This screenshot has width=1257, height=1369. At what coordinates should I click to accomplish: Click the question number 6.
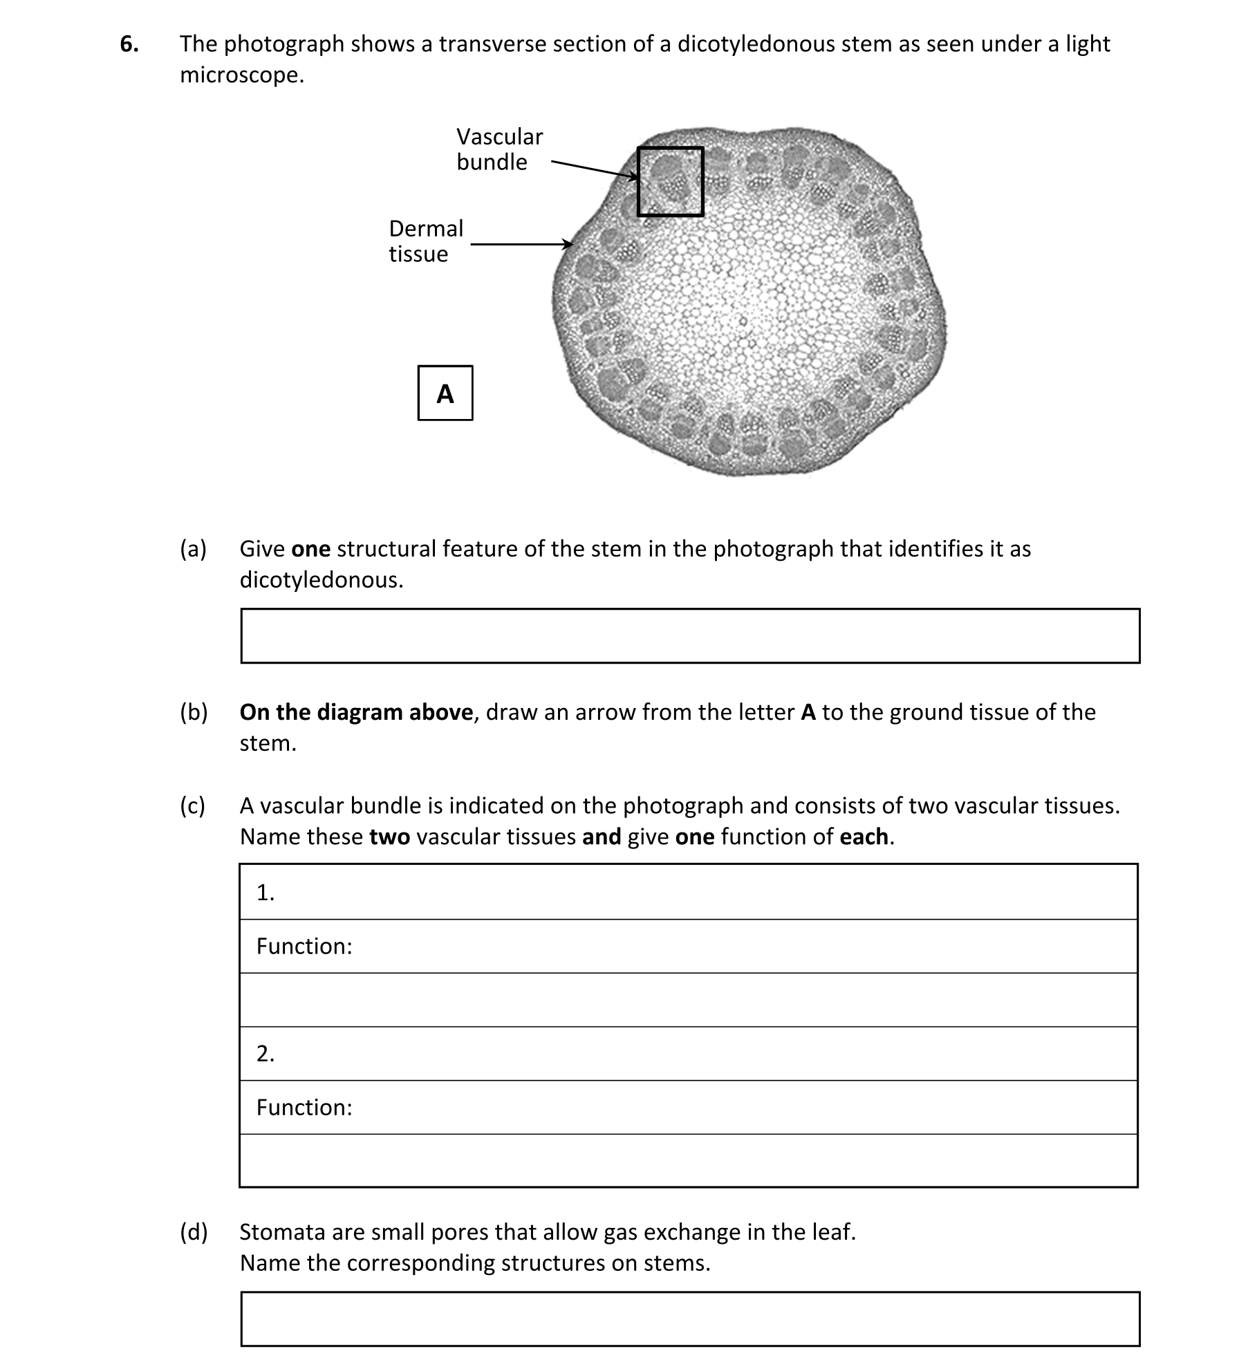click(129, 44)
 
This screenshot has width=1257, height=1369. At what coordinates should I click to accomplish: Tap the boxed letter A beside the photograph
click(445, 393)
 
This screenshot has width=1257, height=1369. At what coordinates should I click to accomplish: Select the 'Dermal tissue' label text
click(425, 241)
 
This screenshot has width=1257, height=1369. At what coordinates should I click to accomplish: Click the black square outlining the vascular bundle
click(670, 149)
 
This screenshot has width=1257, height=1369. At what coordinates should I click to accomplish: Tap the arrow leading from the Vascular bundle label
click(595, 169)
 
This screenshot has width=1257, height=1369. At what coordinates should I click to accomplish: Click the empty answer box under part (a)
click(689, 635)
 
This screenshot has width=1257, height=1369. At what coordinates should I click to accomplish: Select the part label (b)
click(194, 712)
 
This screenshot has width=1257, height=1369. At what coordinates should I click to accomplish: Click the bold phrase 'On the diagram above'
click(356, 712)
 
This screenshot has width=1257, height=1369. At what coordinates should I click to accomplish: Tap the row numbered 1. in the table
click(688, 893)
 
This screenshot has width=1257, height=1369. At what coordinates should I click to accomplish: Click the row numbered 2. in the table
click(688, 1053)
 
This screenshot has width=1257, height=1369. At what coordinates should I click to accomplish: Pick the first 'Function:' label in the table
click(304, 946)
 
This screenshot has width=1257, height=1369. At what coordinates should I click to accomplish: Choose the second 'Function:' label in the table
click(304, 1107)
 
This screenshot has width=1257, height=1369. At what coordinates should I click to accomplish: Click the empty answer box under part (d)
click(689, 1318)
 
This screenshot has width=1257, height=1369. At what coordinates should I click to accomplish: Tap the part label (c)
click(193, 805)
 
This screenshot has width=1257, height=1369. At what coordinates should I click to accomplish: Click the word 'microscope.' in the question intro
click(242, 75)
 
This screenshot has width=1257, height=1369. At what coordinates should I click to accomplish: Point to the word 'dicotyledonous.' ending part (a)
click(321, 579)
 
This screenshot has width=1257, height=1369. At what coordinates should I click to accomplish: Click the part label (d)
click(194, 1231)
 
